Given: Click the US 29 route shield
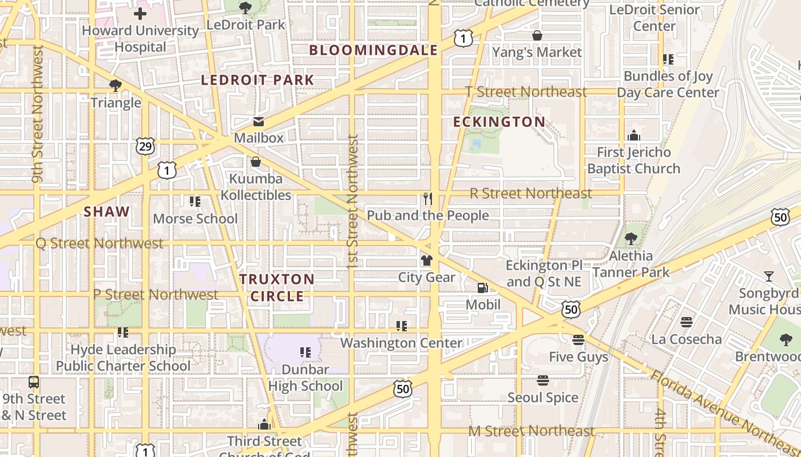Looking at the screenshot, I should pos(145,146).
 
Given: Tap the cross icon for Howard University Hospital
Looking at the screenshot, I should pos(140,14).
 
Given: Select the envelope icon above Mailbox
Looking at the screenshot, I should pos(259,122).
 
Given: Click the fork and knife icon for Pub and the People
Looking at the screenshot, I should pos(427,199).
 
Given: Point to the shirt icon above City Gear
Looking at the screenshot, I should pos(427,260).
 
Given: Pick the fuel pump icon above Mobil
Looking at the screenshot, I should pos(483,288).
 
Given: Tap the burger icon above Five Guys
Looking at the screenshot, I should pos(578,340).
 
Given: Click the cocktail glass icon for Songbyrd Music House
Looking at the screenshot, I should pos(769,276).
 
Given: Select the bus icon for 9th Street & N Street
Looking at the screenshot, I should pos(34,382).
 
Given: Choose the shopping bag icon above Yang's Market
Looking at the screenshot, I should pos(537,35).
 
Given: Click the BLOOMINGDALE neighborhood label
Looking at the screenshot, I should pos(374,50).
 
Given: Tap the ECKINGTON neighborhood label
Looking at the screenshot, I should pos(499,122).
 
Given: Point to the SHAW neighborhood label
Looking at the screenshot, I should pos(107,212).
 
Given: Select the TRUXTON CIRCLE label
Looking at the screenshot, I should pos(277,287).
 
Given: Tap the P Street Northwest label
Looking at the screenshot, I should pos(156,295).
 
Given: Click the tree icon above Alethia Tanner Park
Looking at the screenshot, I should pos(631,239).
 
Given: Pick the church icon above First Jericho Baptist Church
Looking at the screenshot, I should pos(633,135).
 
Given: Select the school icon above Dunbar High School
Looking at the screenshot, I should pos(306,352).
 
